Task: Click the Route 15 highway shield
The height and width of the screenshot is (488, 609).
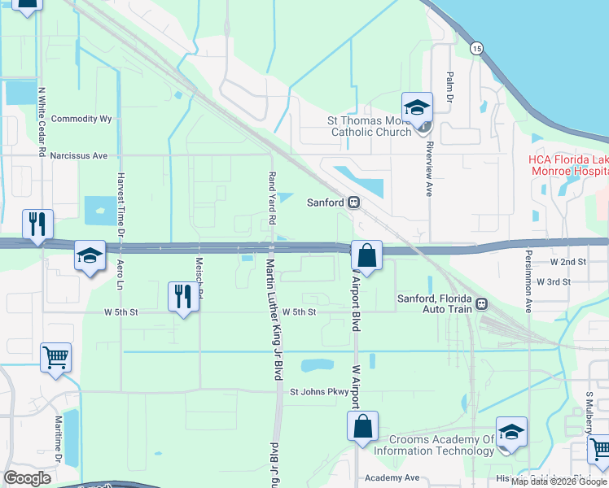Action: point(476,49)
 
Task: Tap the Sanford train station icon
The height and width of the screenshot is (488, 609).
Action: point(354,203)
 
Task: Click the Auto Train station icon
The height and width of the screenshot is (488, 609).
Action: point(481,303)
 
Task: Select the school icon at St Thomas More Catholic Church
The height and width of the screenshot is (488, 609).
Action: point(417,107)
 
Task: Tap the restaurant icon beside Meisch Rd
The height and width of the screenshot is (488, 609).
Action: point(182,297)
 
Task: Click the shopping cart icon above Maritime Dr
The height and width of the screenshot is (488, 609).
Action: point(55,357)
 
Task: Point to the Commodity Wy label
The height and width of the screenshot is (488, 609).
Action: point(81,119)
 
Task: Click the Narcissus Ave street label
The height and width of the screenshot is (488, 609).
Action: point(78,155)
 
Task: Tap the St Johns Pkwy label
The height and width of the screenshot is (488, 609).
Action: point(319,391)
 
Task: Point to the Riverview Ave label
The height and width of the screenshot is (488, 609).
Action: point(429,172)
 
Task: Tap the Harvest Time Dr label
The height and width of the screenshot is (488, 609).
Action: point(120,220)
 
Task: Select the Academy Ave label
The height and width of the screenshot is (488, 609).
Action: point(392,478)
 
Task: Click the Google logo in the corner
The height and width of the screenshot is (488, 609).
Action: point(28,478)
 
